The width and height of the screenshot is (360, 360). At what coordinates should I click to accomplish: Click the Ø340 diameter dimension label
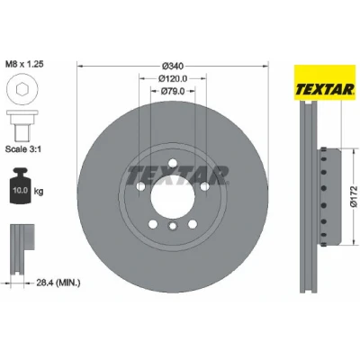(x=173, y=66)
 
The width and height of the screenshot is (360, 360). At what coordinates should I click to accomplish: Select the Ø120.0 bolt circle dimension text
(x=173, y=78)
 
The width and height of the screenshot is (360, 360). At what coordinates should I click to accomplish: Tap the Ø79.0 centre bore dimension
(x=173, y=91)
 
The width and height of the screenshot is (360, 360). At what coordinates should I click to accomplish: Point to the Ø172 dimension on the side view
(x=354, y=196)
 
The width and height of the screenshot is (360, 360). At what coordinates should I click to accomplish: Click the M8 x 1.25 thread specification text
(x=24, y=64)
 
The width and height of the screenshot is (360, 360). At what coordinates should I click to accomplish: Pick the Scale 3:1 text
(x=23, y=149)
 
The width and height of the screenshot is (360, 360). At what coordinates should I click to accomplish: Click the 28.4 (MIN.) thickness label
(x=58, y=283)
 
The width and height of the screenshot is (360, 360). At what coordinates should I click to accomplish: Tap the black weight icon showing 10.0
(x=21, y=186)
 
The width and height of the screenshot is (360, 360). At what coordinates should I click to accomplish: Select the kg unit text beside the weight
(x=39, y=191)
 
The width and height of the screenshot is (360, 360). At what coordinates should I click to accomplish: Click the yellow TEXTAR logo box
(x=324, y=83)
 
